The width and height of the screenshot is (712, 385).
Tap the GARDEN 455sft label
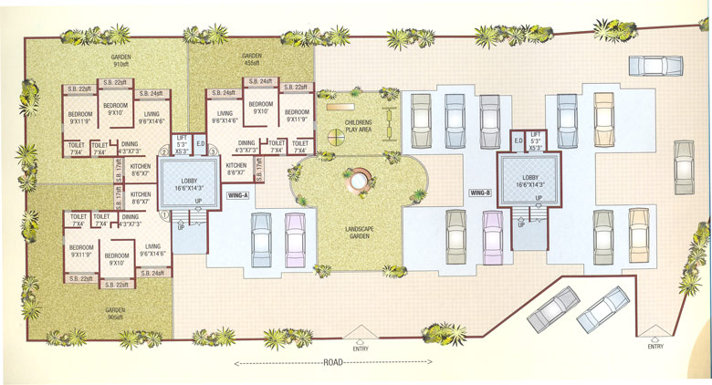(x=251, y=60)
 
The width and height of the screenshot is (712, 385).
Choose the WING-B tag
(x=480, y=193)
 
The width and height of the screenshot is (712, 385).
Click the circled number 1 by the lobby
(x=164, y=215)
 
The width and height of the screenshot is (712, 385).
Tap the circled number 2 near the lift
(x=164, y=151)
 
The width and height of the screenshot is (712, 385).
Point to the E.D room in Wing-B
(x=517, y=140)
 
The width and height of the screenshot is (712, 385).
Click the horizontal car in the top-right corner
(x=655, y=66)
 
